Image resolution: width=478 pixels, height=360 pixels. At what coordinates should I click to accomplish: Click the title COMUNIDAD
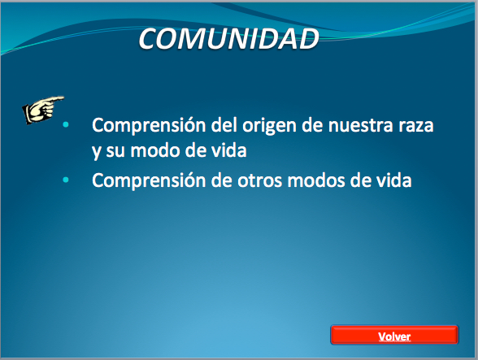coord(228,39)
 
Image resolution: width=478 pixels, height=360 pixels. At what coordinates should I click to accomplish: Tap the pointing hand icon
coord(43,110)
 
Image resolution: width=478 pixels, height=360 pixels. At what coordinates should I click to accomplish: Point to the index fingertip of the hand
coord(63,98)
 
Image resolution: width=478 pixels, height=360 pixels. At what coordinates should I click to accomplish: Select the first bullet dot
coord(66,124)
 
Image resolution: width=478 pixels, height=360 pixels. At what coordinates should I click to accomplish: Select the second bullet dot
coord(66,180)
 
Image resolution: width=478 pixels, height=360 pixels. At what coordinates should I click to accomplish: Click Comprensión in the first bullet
coord(149,126)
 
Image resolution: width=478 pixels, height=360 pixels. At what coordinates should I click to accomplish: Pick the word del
coord(224,125)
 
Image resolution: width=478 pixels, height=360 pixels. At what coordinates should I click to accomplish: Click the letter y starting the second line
coord(96,152)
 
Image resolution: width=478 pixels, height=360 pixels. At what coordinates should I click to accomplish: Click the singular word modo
coord(154,150)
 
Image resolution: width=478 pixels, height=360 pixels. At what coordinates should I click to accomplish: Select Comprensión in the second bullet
coord(149,181)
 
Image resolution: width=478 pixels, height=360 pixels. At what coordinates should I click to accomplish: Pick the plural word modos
coord(316,180)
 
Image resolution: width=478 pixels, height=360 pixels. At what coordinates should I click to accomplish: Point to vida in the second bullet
coord(393,180)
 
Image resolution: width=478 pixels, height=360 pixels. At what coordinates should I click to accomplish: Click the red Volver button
coord(394,335)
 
